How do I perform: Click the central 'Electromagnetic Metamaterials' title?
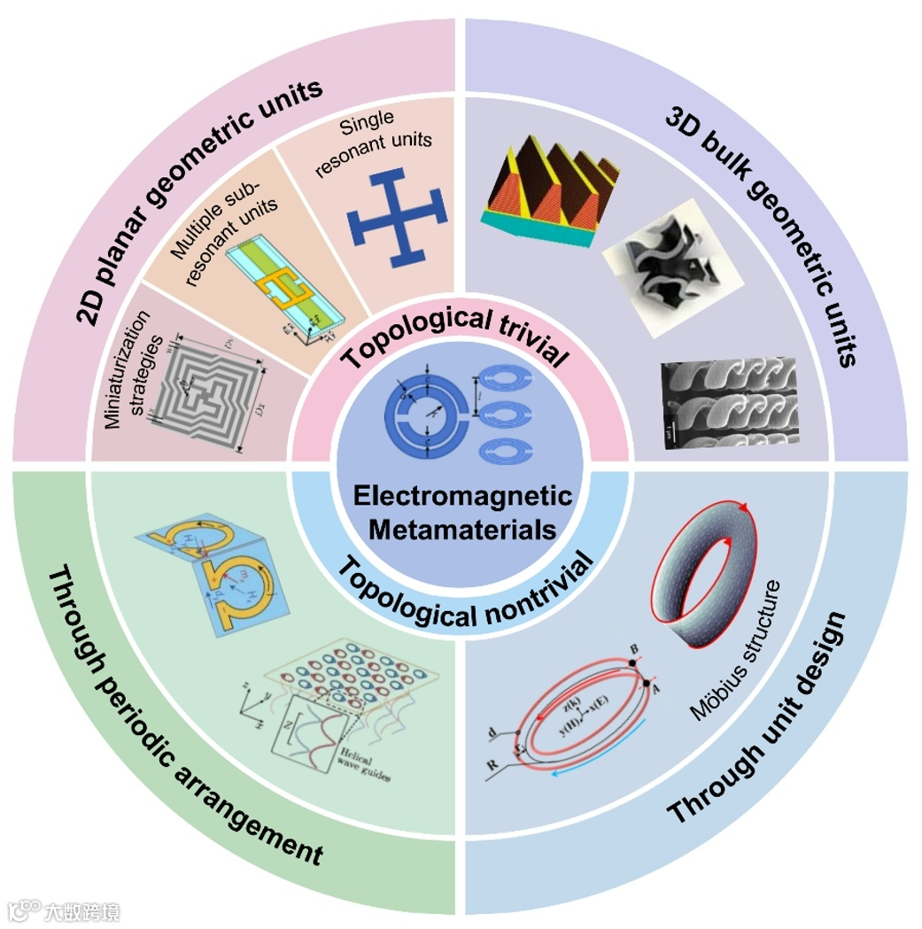(462, 512)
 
